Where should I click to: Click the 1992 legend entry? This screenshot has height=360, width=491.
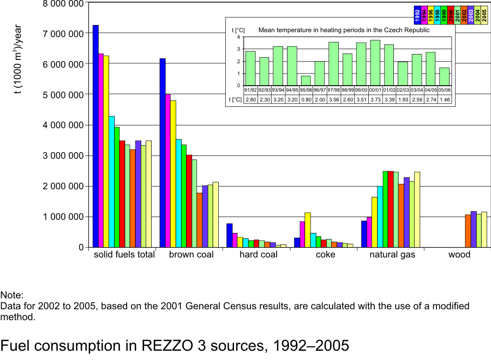click(417, 15)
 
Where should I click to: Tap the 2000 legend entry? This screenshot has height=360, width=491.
click(451, 15)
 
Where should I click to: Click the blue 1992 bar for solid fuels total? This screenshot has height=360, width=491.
click(95, 136)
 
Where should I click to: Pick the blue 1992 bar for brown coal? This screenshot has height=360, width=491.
click(162, 153)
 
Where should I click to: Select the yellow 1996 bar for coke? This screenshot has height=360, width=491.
click(308, 230)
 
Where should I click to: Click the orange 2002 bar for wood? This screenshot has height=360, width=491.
click(468, 231)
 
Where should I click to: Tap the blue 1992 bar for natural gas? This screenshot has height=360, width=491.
click(364, 234)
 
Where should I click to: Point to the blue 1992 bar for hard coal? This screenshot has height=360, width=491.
click(229, 235)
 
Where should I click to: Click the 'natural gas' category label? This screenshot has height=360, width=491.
click(392, 255)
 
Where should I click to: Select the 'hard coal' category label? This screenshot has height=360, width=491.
click(259, 255)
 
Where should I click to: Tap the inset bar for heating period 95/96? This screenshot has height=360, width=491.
click(306, 81)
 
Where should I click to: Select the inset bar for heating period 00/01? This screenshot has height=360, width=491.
click(375, 63)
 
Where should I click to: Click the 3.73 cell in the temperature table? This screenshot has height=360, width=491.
click(375, 100)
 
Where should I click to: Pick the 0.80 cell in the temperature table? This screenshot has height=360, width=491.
click(306, 100)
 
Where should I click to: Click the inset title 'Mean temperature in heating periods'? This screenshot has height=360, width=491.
click(344, 30)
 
